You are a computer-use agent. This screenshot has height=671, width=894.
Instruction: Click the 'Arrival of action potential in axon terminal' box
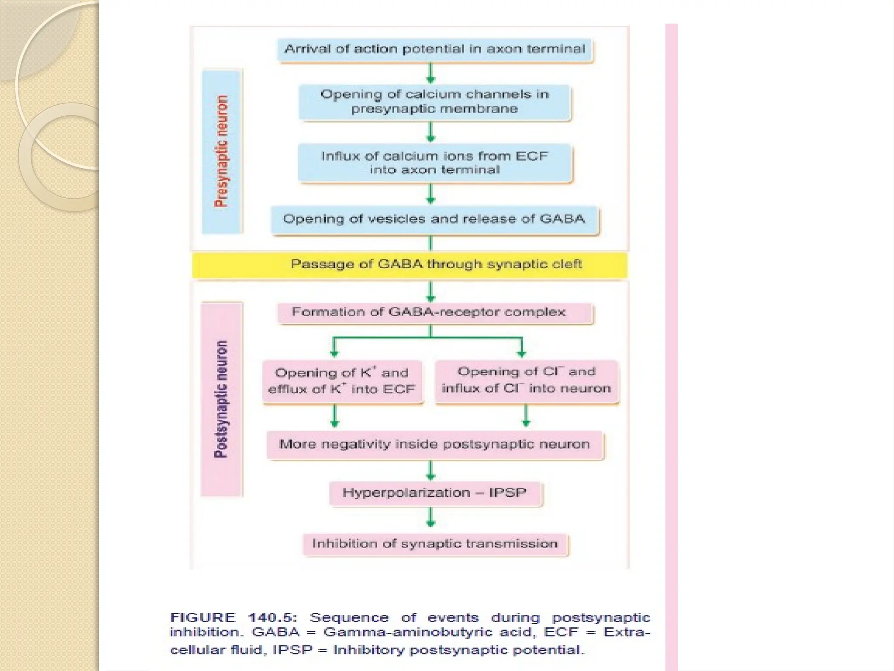[435, 49]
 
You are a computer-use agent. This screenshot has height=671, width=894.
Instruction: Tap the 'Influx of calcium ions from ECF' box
[435, 163]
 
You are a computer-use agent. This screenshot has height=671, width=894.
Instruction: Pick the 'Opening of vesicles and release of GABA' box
[435, 219]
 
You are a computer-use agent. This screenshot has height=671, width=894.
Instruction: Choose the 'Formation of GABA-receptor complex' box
[435, 312]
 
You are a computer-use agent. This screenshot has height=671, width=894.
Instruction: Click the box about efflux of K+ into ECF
[342, 381]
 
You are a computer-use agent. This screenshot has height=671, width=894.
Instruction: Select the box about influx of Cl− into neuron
[526, 380]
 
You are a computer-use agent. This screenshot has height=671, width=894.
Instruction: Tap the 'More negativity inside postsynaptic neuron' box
[435, 445]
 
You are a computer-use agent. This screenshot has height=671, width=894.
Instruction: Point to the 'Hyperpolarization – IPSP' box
[435, 493]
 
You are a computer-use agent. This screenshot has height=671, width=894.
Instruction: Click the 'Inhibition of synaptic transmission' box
[435, 544]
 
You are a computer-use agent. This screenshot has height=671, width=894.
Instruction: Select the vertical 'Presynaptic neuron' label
[222, 151]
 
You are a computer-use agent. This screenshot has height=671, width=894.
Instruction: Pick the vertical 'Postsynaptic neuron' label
[221, 399]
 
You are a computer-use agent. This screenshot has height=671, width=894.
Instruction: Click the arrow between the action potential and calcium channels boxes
[431, 73]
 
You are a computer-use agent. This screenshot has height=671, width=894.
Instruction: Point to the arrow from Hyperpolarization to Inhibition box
[431, 518]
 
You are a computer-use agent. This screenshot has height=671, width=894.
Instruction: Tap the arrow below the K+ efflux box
[334, 416]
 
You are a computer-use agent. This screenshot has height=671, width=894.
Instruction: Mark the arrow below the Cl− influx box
[526, 416]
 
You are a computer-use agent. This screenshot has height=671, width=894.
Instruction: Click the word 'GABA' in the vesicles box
[562, 219]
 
